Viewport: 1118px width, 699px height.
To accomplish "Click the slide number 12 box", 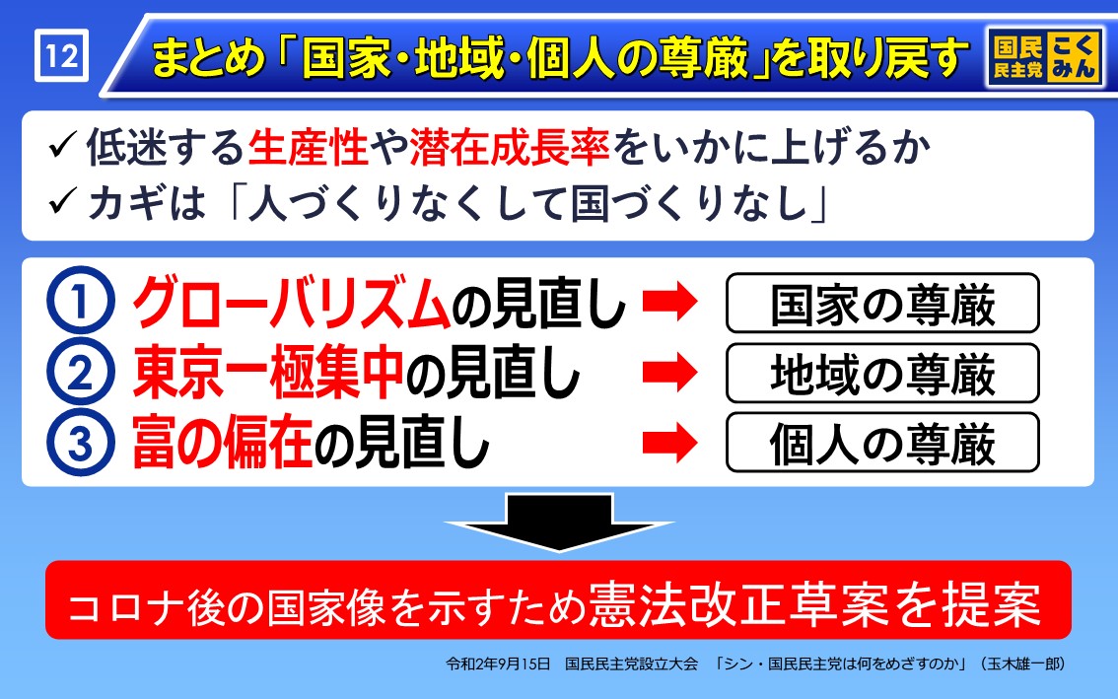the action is (62, 55).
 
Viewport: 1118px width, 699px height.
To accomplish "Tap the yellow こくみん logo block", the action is (1073, 56).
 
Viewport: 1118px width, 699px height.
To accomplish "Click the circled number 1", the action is (80, 301).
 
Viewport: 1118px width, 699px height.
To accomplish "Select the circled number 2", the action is (80, 372).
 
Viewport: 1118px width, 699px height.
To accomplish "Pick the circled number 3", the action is (80, 443).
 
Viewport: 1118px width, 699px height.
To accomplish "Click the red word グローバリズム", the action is (292, 302).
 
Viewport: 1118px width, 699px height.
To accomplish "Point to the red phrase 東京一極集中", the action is (268, 372).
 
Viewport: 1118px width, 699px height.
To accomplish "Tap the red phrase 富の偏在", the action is (223, 443).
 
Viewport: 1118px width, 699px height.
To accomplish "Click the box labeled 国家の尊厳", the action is (882, 303).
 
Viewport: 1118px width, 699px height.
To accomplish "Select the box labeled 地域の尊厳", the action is (882, 373).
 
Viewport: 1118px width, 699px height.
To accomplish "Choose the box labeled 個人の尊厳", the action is (882, 443).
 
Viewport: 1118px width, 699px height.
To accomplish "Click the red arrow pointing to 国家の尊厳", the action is (669, 301).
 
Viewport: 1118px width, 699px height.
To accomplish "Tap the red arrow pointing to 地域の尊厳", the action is (669, 372).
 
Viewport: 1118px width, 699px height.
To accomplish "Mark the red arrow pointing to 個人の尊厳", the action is (669, 443).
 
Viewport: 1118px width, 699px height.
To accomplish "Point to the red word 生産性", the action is (308, 148).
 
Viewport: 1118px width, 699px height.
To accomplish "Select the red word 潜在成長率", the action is (509, 148).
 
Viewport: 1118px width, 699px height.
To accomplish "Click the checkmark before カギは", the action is (63, 202).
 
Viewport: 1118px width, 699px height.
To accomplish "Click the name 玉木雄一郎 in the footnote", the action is (1023, 664).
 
